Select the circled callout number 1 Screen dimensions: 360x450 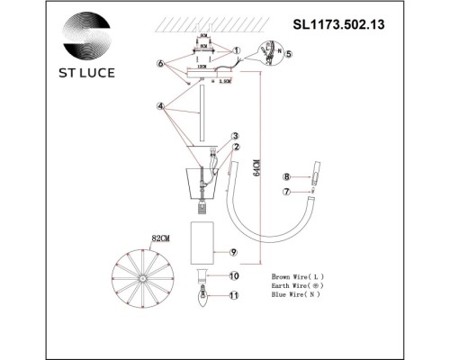tap(238, 50)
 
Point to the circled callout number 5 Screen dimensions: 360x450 tap(289, 53)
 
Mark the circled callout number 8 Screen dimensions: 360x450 tap(286, 177)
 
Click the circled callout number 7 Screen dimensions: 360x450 tap(286, 192)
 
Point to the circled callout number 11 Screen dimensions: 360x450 tap(232, 294)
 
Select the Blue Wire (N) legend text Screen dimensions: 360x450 tap(298, 294)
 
